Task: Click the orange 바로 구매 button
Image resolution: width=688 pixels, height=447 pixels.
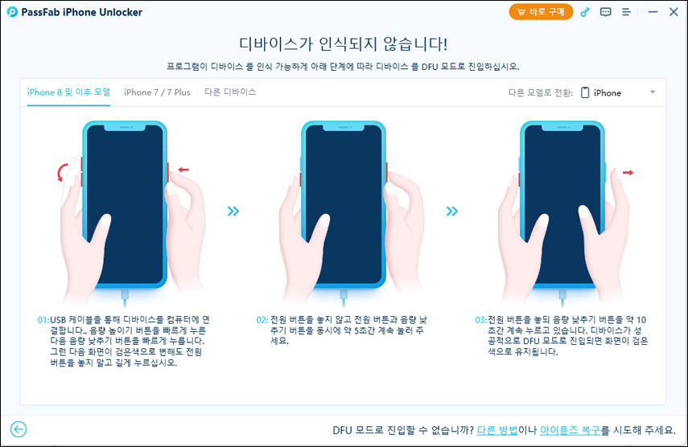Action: pyautogui.click(x=541, y=12)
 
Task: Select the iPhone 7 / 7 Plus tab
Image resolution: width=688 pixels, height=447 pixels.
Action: pyautogui.click(x=157, y=92)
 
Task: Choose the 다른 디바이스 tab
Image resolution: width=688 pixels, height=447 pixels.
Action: pyautogui.click(x=230, y=92)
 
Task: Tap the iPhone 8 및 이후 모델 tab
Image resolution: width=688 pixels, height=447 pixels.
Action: pyautogui.click(x=68, y=92)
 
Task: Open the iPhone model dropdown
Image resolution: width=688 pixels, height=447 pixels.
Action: pyautogui.click(x=618, y=92)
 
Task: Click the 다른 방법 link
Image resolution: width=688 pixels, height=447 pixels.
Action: pyautogui.click(x=496, y=430)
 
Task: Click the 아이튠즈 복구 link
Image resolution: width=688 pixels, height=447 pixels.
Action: pyautogui.click(x=568, y=430)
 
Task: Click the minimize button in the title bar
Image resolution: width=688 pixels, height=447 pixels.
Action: pyautogui.click(x=651, y=12)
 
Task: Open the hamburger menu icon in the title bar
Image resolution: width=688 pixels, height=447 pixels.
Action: pyautogui.click(x=628, y=12)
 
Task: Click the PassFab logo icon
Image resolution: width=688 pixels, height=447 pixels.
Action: pyautogui.click(x=12, y=12)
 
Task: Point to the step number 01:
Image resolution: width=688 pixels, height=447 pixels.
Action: pyautogui.click(x=43, y=320)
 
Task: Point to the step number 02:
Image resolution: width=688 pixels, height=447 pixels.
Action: pyautogui.click(x=262, y=320)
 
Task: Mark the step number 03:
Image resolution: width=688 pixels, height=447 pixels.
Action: pyautogui.click(x=480, y=320)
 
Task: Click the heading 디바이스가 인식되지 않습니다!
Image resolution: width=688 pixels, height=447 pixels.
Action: pyautogui.click(x=344, y=43)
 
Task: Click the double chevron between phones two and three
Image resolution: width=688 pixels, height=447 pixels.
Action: pyautogui.click(x=452, y=211)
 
